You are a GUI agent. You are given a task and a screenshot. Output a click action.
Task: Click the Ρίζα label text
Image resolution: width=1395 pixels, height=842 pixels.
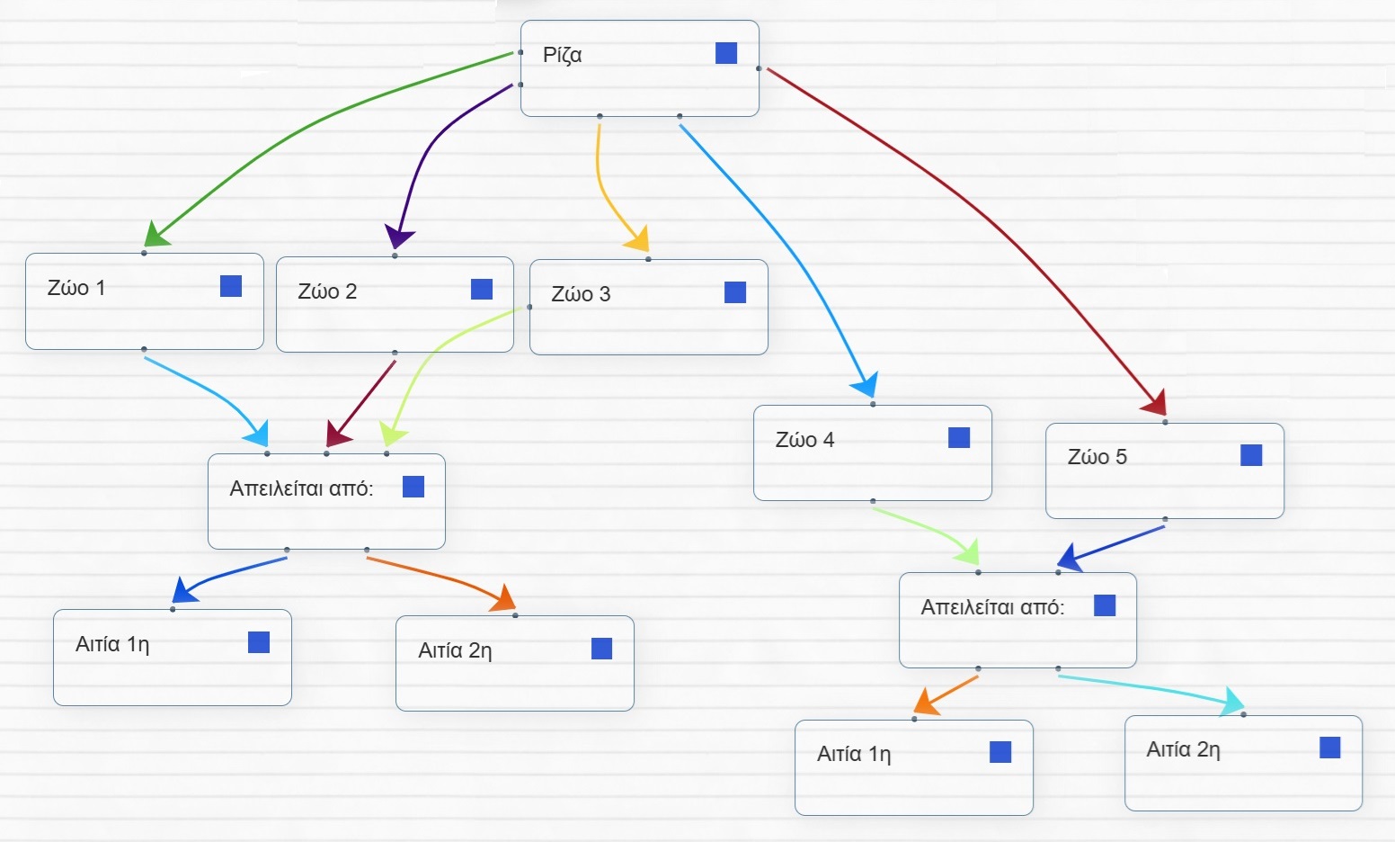(562, 55)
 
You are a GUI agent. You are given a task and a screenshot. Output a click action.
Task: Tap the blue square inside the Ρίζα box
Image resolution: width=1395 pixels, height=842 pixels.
(726, 53)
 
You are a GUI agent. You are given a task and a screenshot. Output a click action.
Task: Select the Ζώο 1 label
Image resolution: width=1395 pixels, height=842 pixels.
(76, 288)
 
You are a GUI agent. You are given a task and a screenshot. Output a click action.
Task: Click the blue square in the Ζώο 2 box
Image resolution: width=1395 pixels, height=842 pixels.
(482, 289)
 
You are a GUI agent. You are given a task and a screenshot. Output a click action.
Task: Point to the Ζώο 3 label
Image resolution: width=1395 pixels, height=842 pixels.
(581, 294)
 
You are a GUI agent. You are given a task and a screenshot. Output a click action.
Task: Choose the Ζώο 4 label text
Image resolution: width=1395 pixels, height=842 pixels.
(804, 440)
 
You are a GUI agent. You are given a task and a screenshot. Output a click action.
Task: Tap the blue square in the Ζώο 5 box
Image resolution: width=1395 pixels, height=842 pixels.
(1251, 455)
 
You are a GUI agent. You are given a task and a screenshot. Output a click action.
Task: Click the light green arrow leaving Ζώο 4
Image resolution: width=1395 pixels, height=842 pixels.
(926, 526)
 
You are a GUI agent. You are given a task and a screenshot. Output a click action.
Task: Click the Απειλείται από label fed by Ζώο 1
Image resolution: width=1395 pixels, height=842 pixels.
(301, 488)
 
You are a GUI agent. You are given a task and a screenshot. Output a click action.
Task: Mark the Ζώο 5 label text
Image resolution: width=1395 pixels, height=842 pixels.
(1097, 457)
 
